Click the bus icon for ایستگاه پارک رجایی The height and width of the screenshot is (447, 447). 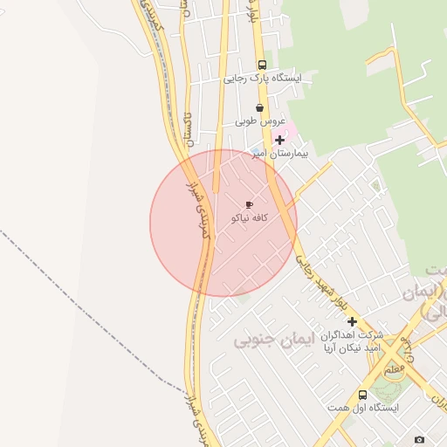263,65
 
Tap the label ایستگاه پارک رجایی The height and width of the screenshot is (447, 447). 262,78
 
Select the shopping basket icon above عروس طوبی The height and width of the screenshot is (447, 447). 259,108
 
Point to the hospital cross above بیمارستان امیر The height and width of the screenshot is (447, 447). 279,140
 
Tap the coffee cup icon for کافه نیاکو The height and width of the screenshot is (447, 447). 250,204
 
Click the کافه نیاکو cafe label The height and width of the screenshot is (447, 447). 249,217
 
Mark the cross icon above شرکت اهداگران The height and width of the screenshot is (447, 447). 352,322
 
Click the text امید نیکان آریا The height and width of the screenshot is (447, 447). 351,348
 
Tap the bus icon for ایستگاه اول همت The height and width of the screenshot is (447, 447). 363,395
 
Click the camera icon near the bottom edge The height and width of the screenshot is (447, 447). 420,438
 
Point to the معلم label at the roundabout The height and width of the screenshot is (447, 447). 395,370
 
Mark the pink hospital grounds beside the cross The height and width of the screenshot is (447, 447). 290,129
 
